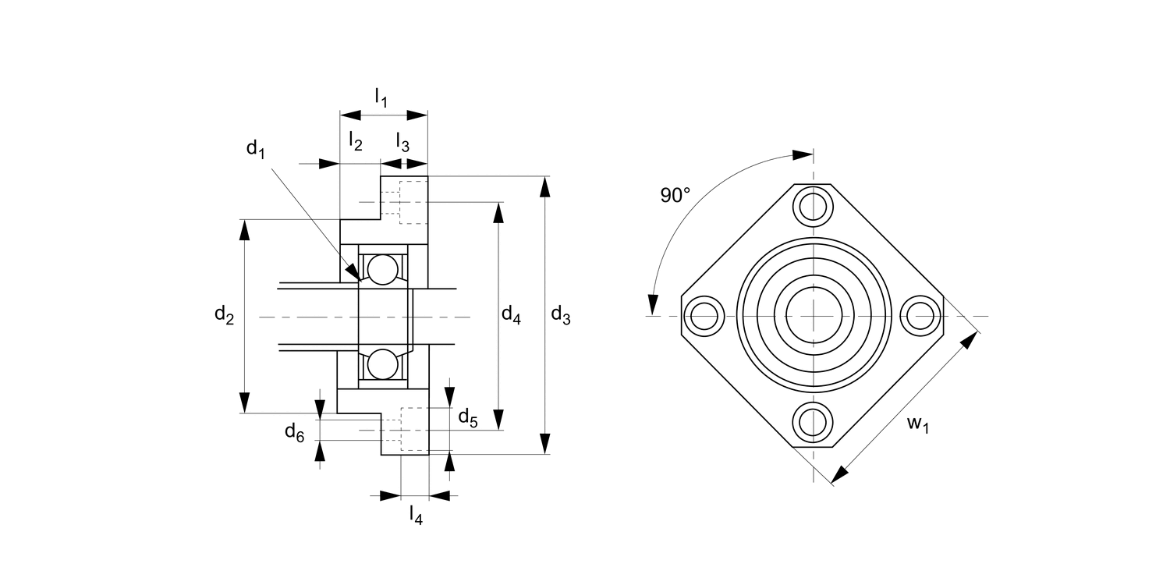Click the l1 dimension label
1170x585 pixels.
click(x=381, y=98)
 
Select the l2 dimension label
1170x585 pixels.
click(x=356, y=142)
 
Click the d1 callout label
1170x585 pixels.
click(x=256, y=149)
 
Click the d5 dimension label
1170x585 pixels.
click(x=468, y=417)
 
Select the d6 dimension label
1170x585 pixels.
click(x=294, y=432)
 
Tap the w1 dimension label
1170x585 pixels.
click(x=918, y=424)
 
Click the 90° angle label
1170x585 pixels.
click(x=675, y=196)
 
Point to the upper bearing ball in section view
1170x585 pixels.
click(x=383, y=269)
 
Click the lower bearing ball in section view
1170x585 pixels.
click(x=383, y=364)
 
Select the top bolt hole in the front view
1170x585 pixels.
click(x=813, y=206)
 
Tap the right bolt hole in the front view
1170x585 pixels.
click(x=921, y=316)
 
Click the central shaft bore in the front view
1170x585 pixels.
click(x=813, y=315)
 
